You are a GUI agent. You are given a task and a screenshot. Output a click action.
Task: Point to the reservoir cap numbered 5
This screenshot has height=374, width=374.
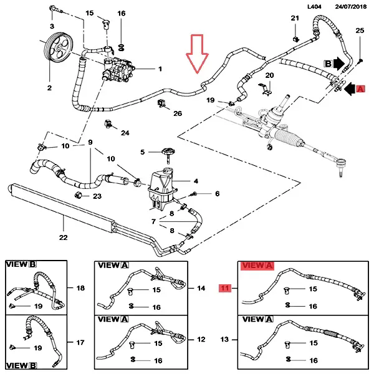(x=166, y=151)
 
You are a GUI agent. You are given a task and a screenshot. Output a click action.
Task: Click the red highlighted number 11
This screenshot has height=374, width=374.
(x=224, y=288)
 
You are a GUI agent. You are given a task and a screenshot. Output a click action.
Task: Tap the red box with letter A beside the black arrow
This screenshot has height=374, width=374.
(x=361, y=90)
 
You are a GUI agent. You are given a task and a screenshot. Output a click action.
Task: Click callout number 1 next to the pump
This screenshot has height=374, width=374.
(x=160, y=69)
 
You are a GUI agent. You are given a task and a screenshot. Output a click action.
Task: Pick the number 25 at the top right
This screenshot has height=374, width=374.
(x=359, y=31)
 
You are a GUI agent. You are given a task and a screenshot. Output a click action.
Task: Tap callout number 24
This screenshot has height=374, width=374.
(x=125, y=133)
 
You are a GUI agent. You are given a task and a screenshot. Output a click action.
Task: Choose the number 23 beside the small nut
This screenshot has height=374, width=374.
(x=97, y=196)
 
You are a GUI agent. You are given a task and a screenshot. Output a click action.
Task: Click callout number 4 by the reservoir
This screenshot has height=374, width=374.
(x=196, y=181)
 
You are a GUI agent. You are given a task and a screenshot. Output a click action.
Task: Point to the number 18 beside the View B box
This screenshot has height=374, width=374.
(x=80, y=288)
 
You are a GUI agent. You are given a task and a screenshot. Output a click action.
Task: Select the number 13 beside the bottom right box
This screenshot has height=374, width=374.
(x=225, y=340)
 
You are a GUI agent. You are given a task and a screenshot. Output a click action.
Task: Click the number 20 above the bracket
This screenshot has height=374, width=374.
(x=269, y=75)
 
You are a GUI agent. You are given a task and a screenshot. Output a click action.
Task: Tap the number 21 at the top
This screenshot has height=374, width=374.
(x=295, y=19)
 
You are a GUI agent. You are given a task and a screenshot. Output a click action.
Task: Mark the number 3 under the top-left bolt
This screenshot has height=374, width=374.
(x=52, y=25)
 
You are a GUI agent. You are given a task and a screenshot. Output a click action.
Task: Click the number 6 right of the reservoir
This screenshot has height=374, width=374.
(x=217, y=194)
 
